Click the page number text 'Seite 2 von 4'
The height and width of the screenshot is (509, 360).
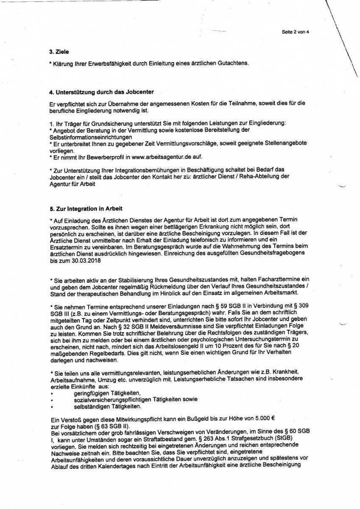coord(295,32)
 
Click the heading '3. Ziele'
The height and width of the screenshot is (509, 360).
coord(59,52)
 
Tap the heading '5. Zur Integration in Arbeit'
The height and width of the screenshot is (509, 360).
coord(86,208)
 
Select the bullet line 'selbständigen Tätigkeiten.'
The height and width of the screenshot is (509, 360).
coord(107,406)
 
